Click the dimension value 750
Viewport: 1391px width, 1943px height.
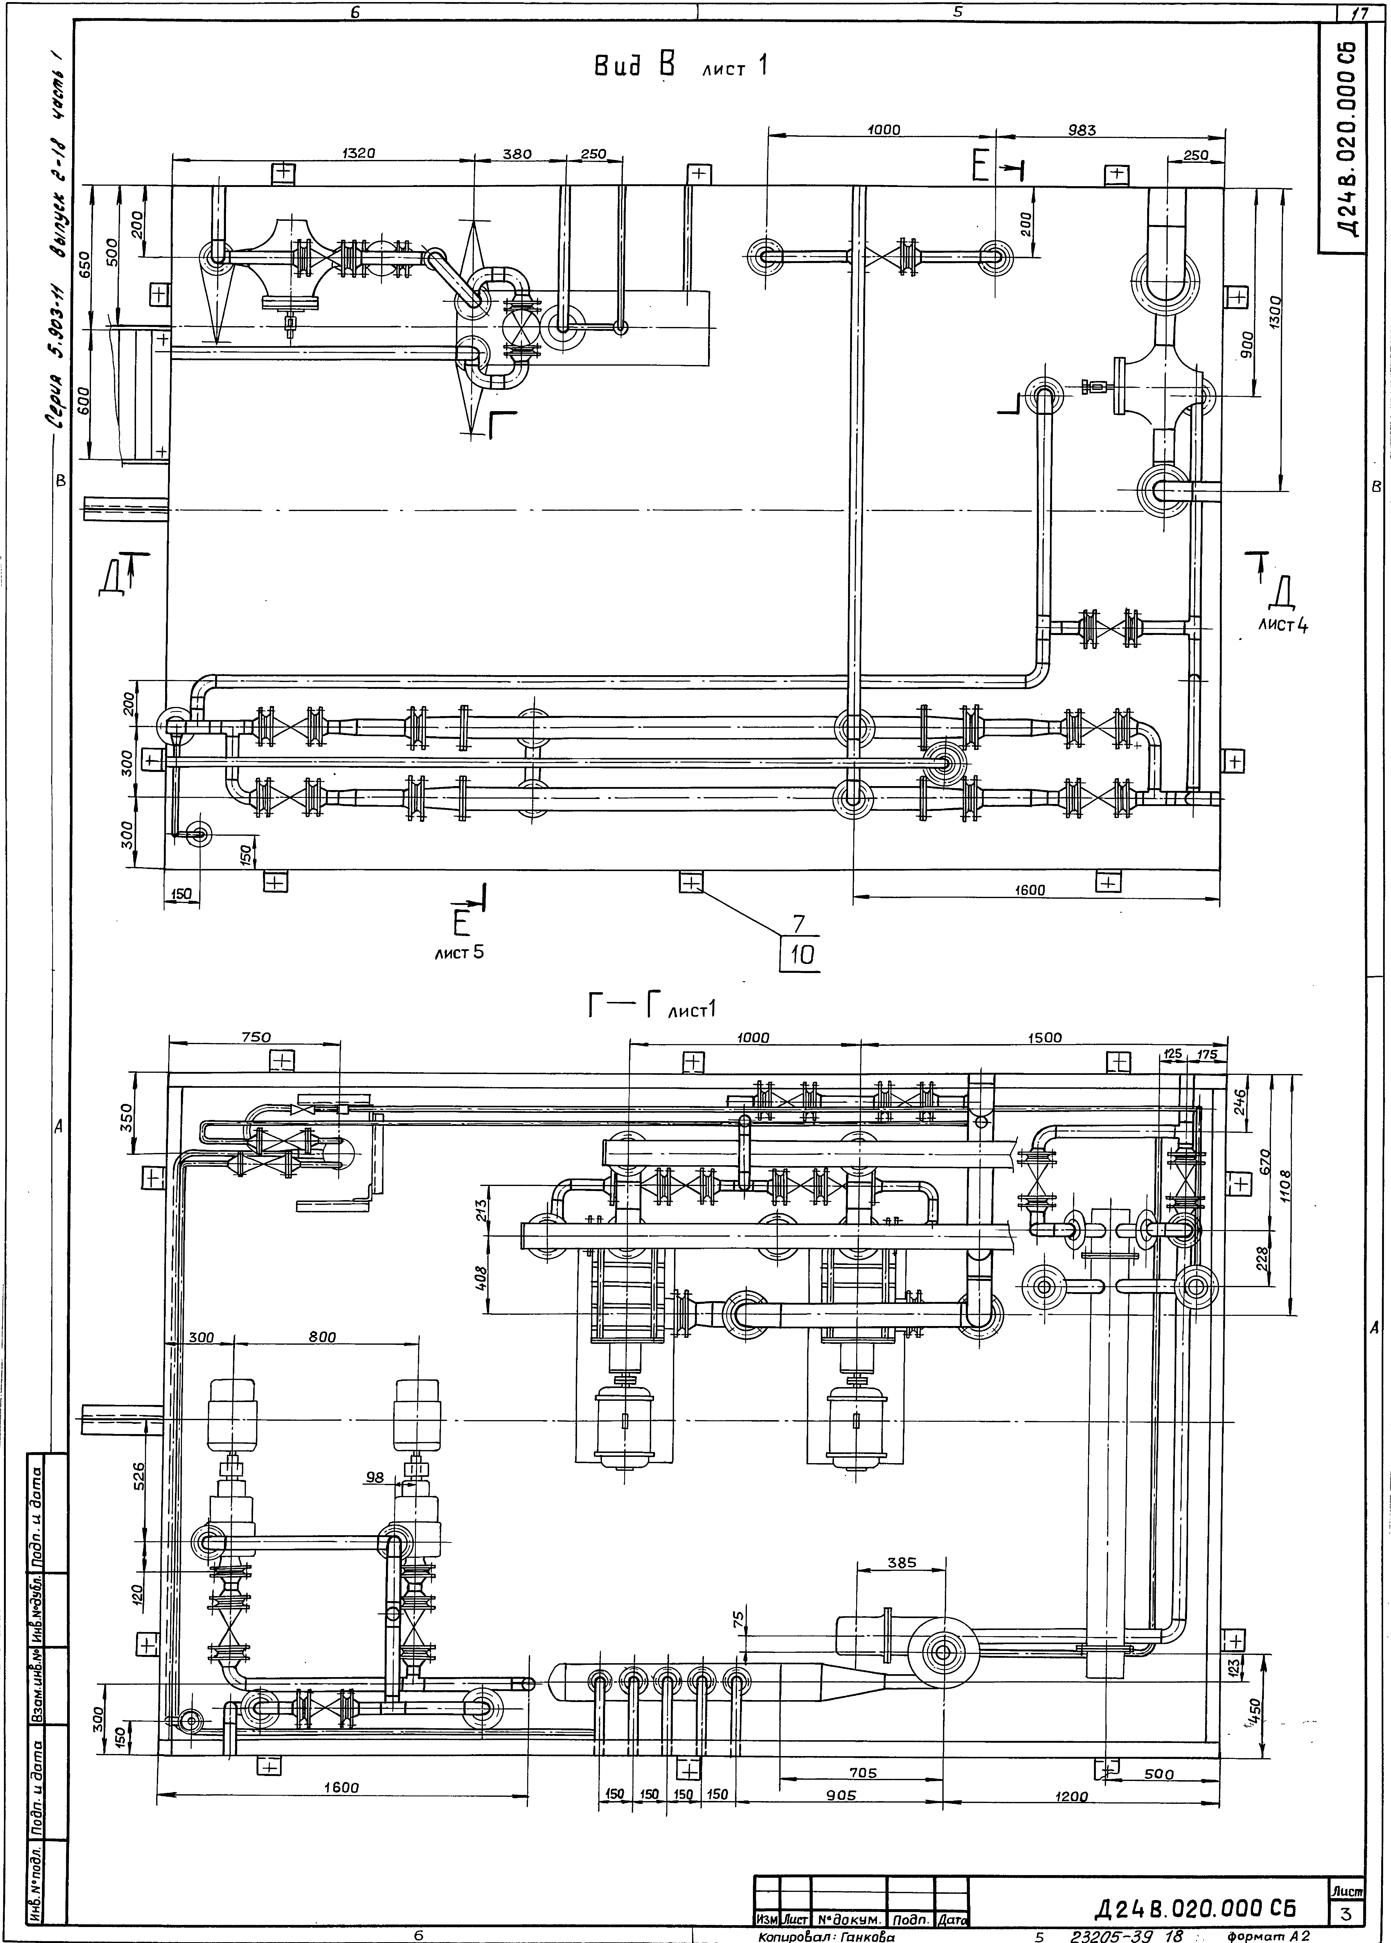pyautogui.click(x=254, y=1037)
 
